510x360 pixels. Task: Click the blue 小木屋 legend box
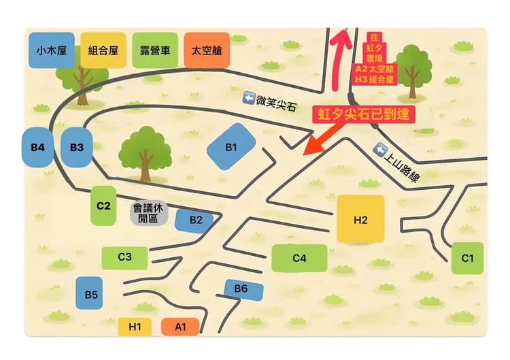point(52,50)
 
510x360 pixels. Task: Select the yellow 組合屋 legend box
point(103,50)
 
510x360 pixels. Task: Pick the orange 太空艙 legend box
point(206,50)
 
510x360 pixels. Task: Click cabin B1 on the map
point(231,146)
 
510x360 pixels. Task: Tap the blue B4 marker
point(38,146)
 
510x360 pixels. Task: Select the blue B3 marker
point(76,146)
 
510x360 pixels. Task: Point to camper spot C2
point(103,205)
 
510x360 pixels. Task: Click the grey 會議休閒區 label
point(149,214)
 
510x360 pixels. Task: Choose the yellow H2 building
point(360,219)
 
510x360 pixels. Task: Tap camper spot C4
point(299,258)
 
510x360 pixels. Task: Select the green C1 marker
point(467,258)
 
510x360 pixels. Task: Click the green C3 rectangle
point(124,257)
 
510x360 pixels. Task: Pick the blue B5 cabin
point(92,294)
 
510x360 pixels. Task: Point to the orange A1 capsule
point(180,327)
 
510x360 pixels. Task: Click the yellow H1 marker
point(135,327)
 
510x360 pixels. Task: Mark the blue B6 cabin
point(241,289)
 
